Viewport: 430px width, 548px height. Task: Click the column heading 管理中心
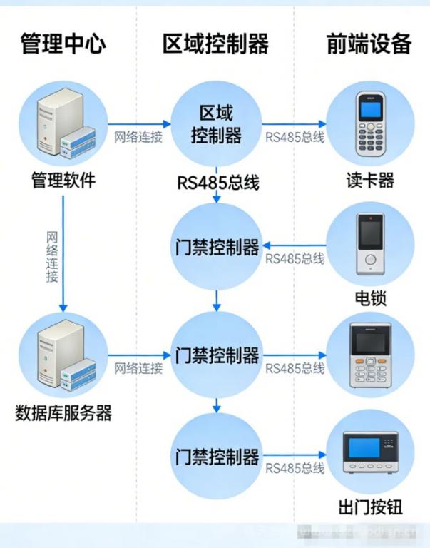tap(63, 44)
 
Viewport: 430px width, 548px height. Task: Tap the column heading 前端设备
tap(369, 44)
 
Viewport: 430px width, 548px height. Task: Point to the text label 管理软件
tap(63, 180)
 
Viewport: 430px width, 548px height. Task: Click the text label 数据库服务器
tap(63, 413)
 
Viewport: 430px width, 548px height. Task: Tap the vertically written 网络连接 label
tap(52, 257)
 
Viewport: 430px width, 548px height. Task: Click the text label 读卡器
tap(369, 180)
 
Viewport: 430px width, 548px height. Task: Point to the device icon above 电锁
tap(370, 245)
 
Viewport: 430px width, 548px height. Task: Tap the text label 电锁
tap(370, 297)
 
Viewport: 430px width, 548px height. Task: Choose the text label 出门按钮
tap(370, 507)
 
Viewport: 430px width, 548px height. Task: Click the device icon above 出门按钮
tap(369, 454)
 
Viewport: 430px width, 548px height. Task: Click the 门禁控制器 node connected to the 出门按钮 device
tap(216, 457)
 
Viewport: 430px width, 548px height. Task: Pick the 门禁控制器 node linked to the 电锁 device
tap(216, 248)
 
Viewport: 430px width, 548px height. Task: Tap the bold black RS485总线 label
tap(218, 183)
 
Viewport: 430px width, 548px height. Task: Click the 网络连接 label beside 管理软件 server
tap(138, 137)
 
